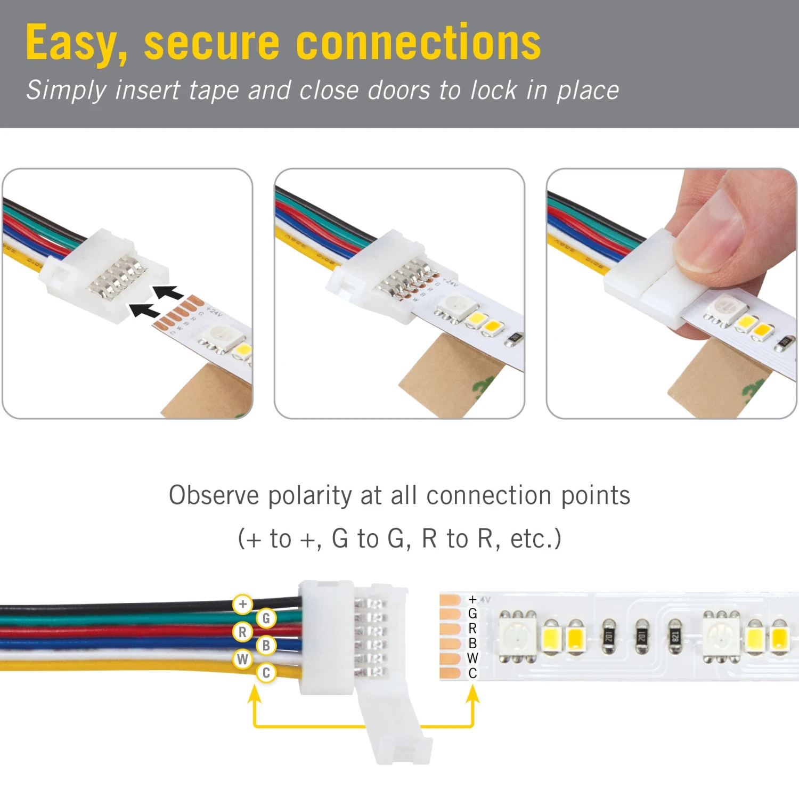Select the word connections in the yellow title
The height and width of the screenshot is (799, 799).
(x=418, y=43)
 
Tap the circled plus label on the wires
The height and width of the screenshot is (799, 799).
(x=243, y=604)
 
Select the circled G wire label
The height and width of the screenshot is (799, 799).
(x=266, y=618)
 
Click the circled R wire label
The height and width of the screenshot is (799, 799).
(x=242, y=632)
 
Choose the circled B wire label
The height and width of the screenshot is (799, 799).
(x=266, y=646)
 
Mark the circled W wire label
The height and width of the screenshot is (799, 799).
(x=242, y=659)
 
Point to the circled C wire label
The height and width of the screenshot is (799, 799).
(x=266, y=673)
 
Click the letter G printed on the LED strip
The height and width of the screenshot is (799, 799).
(x=472, y=614)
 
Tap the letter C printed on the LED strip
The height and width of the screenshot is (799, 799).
(x=472, y=673)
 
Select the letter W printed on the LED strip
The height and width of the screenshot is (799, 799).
(x=472, y=658)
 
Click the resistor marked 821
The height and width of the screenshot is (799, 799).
(x=675, y=635)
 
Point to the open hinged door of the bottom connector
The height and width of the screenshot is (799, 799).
(x=397, y=730)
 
